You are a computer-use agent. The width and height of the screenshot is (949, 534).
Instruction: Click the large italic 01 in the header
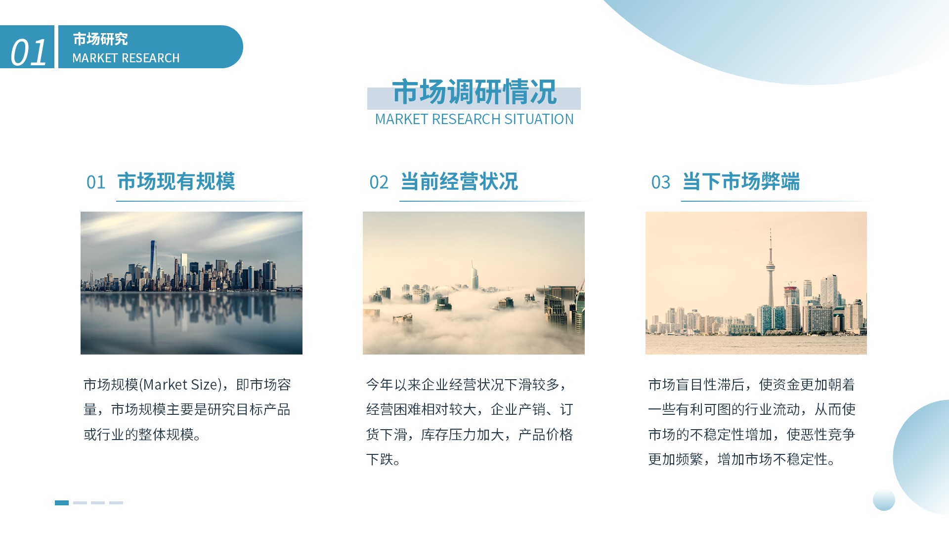(29, 52)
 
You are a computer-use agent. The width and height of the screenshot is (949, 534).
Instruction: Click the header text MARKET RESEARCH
(126, 58)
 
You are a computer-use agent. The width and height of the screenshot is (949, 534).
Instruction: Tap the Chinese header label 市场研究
(100, 39)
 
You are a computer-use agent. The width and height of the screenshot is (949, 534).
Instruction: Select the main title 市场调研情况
(474, 92)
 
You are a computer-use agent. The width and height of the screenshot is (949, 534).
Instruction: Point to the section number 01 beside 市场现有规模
(96, 182)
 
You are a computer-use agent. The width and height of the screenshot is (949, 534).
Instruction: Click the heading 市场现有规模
(176, 181)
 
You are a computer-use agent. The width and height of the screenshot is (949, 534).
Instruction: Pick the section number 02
(379, 182)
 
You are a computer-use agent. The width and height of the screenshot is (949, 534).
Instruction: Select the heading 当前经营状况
(459, 181)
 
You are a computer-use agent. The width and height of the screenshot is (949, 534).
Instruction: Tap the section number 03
(661, 182)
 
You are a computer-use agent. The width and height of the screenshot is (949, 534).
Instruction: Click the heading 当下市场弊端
(741, 181)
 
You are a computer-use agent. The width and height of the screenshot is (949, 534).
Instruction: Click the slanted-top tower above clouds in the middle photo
(474, 277)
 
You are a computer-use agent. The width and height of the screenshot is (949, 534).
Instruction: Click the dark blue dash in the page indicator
(62, 503)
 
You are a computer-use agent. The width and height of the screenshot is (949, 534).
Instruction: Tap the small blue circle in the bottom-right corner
(884, 500)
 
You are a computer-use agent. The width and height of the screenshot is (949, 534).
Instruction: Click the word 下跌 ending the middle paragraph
(380, 460)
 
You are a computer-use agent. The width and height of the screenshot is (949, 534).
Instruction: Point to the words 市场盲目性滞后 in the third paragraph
(696, 385)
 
